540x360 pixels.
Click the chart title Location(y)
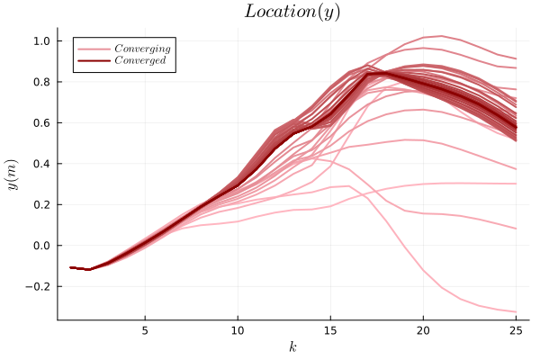[292, 12]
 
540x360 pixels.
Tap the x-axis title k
[292, 346]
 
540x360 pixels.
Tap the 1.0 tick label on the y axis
[40, 41]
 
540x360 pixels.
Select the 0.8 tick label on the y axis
[40, 82]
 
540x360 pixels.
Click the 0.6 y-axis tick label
[40, 123]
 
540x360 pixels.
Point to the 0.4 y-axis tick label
[40, 164]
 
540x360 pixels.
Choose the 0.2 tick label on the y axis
[40, 205]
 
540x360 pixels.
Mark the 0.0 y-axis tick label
[40, 246]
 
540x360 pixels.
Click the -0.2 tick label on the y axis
[38, 286]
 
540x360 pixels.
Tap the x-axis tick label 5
[145, 329]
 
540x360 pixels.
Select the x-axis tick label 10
[238, 329]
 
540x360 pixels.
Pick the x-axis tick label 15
[330, 329]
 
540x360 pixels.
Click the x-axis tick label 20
[423, 329]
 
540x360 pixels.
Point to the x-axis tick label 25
[516, 329]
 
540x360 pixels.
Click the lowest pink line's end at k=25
[516, 311]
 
